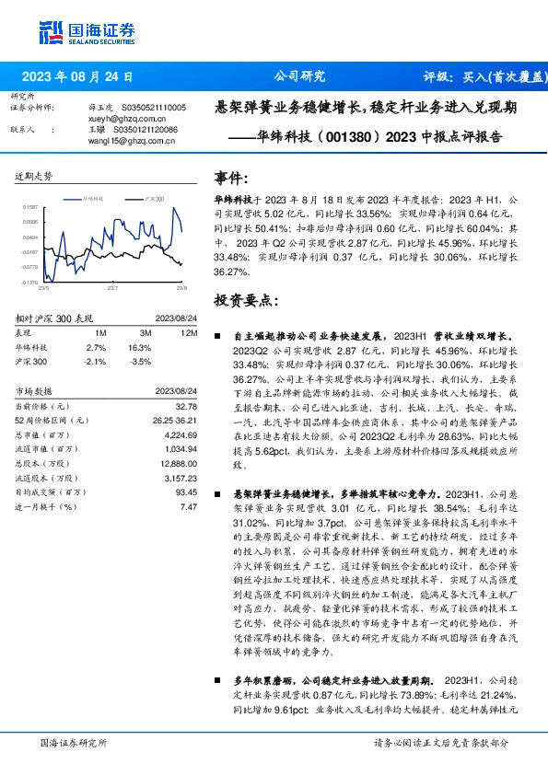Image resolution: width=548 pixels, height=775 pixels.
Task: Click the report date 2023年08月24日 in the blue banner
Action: (83, 77)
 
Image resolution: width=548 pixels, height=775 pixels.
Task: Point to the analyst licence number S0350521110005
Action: (150, 108)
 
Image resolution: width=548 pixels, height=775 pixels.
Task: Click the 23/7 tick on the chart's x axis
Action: (112, 288)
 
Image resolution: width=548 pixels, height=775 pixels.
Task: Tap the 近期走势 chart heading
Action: (33, 175)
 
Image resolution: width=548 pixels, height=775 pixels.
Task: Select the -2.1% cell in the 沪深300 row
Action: (97, 362)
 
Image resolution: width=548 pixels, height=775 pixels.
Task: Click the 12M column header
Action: (188, 331)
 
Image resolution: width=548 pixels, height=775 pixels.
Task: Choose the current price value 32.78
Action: (186, 406)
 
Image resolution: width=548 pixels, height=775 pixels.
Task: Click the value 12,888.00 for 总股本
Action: (180, 466)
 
